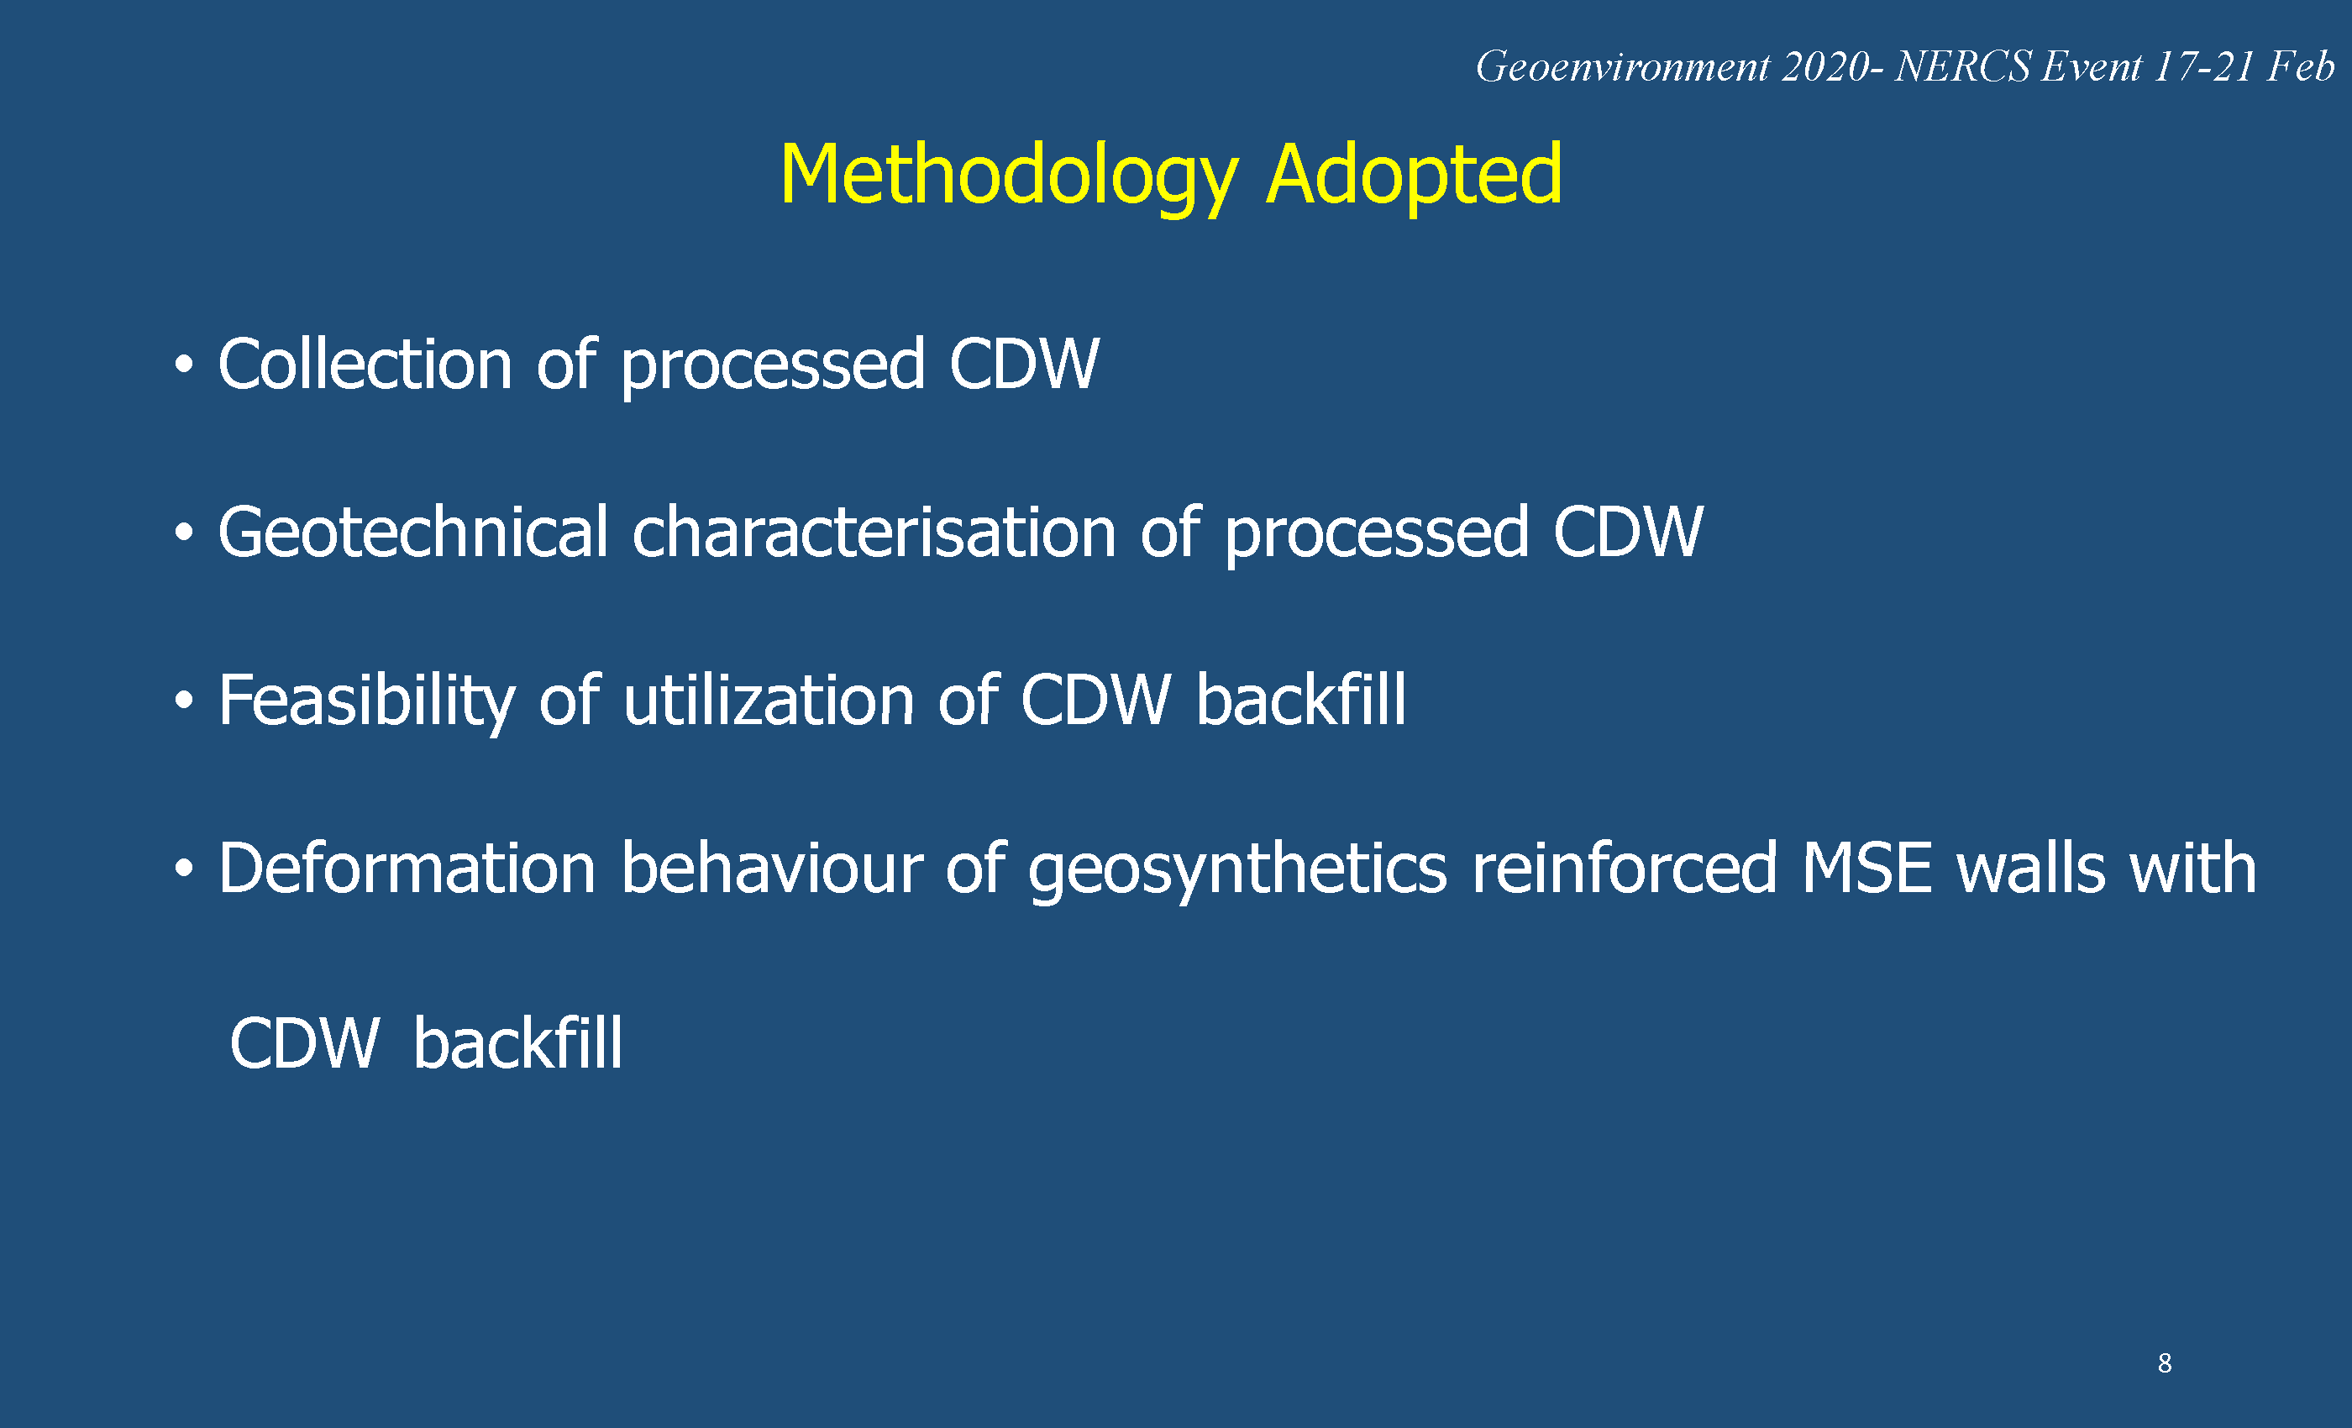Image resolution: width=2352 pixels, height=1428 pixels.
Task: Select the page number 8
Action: (x=2165, y=1363)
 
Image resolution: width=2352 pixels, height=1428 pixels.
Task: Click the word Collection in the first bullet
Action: (x=365, y=364)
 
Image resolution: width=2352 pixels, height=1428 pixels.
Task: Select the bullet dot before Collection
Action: (x=184, y=365)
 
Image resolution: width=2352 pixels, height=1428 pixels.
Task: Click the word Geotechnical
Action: (x=413, y=532)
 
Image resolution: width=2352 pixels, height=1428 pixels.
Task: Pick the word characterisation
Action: (x=874, y=532)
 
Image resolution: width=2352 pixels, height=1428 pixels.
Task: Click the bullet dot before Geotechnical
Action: (x=184, y=533)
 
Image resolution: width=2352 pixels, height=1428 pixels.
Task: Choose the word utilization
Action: (x=769, y=700)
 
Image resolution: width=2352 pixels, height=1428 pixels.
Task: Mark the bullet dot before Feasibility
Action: (x=184, y=701)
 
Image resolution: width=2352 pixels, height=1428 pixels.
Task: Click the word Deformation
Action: (x=407, y=868)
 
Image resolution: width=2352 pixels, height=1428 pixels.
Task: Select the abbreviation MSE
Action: (x=1867, y=868)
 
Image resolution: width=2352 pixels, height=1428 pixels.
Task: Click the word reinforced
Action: (x=1625, y=868)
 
